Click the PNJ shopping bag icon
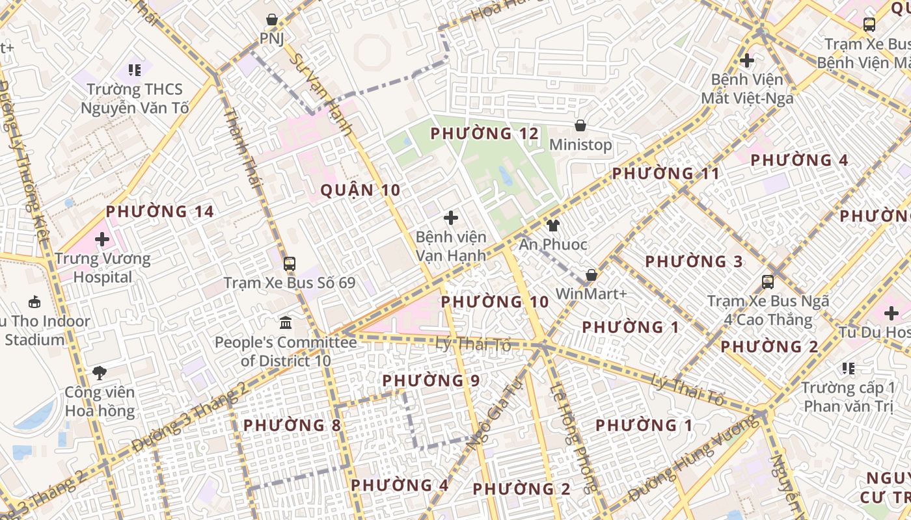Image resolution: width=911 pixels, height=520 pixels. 272,20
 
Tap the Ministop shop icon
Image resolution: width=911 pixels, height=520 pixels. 580,125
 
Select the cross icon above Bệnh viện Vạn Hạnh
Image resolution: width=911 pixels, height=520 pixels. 450,218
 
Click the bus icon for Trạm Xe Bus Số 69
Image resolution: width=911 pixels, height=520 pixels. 290,264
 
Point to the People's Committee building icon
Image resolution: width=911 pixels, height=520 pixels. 285,323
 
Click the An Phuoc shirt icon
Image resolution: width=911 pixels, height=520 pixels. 552,226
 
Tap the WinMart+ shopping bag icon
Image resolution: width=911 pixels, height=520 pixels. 591,276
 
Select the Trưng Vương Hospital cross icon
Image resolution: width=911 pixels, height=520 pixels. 102,239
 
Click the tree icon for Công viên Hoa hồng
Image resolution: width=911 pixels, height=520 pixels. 100,373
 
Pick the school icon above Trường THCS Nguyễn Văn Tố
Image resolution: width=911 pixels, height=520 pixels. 135,70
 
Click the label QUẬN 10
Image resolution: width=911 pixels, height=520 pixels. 360,190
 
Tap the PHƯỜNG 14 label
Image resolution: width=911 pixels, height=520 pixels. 160,211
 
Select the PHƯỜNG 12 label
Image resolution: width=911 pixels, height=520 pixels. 485,134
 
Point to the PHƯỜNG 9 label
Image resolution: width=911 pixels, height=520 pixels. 431,380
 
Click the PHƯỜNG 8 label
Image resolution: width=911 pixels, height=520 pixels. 292,425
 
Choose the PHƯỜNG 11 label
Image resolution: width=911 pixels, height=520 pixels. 666,174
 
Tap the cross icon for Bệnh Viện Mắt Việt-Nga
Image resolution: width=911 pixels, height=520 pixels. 747,61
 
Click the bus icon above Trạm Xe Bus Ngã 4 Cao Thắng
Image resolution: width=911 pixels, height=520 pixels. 768,282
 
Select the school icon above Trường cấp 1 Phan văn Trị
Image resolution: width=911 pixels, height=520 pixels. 848,369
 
